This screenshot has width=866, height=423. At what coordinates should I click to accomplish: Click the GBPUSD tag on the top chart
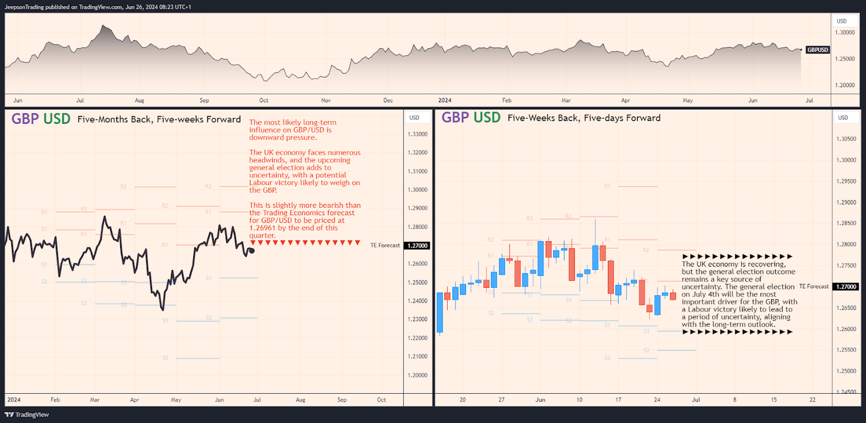click(x=818, y=50)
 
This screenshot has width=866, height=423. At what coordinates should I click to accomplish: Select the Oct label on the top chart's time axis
click(x=263, y=100)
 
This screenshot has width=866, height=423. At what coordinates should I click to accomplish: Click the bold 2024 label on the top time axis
click(x=445, y=100)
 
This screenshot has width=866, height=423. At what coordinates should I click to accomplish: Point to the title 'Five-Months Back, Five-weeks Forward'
click(x=159, y=119)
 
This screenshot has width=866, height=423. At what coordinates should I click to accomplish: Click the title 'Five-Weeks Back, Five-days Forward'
click(x=584, y=118)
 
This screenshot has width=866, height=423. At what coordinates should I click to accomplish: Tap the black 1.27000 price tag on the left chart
click(x=418, y=246)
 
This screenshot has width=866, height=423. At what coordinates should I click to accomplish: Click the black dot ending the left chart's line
click(x=251, y=251)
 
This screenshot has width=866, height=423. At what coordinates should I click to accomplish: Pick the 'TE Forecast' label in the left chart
click(x=385, y=246)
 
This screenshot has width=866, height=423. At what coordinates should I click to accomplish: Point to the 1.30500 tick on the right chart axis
click(x=845, y=139)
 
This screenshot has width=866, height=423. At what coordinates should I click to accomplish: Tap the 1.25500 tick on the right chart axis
click(x=845, y=350)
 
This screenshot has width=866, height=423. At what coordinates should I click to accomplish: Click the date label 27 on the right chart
click(x=501, y=399)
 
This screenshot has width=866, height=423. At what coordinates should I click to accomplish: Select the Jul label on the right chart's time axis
click(x=696, y=399)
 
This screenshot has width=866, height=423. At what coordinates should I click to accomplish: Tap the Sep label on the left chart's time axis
click(x=342, y=399)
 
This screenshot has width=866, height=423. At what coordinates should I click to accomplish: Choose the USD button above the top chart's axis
click(x=842, y=21)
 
